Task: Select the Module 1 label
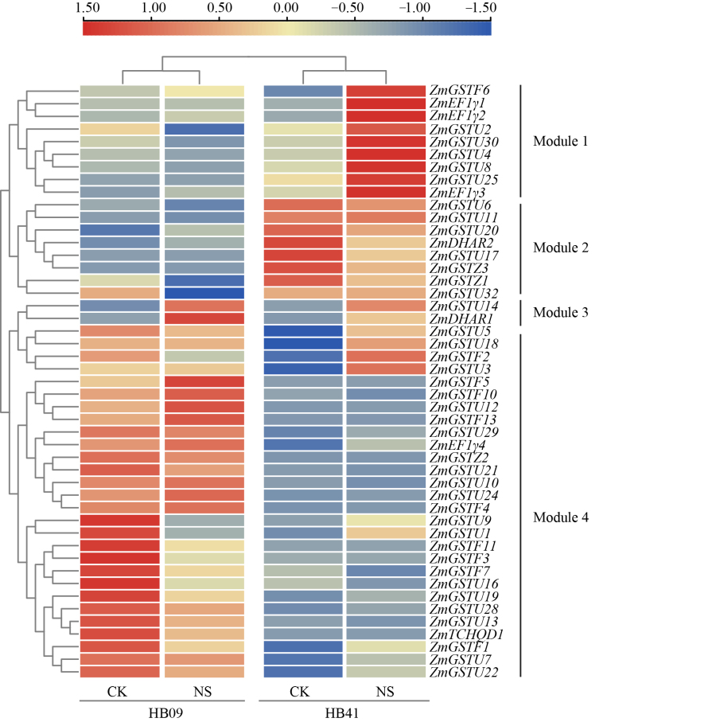pyautogui.click(x=560, y=142)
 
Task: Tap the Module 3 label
pyautogui.click(x=560, y=312)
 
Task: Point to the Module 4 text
pyautogui.click(x=560, y=517)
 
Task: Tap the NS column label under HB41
pyautogui.click(x=386, y=690)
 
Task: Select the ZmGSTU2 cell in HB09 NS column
pyautogui.click(x=204, y=129)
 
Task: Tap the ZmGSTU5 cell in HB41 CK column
pyautogui.click(x=302, y=331)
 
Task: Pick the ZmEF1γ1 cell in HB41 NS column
pyautogui.click(x=386, y=103)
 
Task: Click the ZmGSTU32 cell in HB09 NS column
pyautogui.click(x=204, y=293)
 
